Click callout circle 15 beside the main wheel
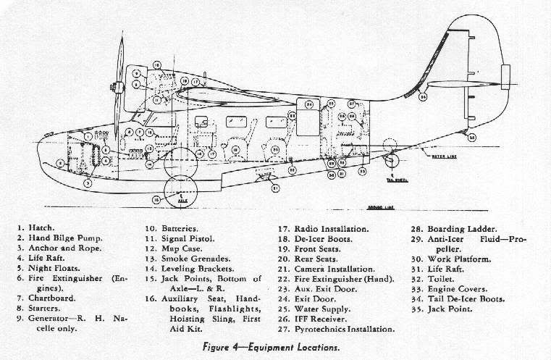[x=156, y=199]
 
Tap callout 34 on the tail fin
[x=423, y=96]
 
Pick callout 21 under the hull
[x=276, y=188]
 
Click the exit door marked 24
[x=310, y=104]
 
